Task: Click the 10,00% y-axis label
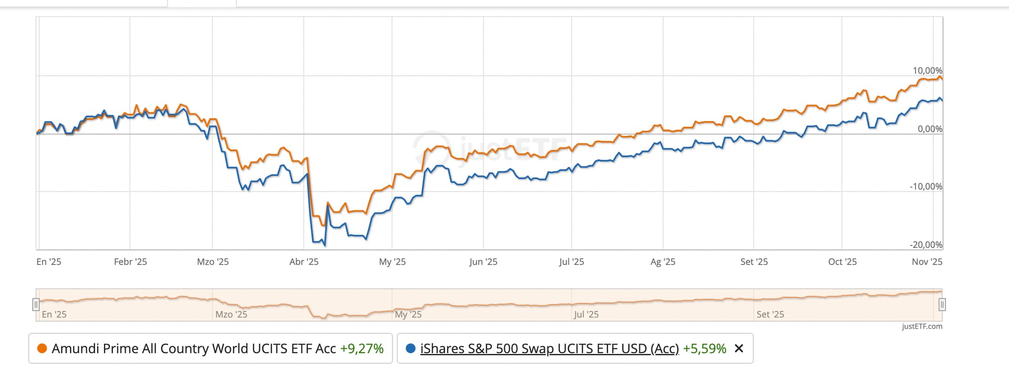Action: (x=927, y=71)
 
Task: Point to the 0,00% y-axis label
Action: (x=930, y=129)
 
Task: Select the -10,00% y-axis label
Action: (x=926, y=186)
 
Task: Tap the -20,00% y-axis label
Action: (x=926, y=245)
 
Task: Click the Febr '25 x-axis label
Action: (x=130, y=262)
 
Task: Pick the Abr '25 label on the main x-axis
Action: (x=304, y=262)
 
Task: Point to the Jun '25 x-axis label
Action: (x=483, y=262)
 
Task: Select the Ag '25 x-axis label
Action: (x=663, y=262)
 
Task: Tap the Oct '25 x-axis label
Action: (x=842, y=262)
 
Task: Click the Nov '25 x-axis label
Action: (x=926, y=262)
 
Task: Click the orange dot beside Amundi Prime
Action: (x=42, y=348)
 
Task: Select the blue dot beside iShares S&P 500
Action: (x=411, y=348)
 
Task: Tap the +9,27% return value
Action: (x=362, y=348)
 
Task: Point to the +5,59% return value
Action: (x=704, y=348)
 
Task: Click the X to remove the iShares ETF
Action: (x=738, y=348)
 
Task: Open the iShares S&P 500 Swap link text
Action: (x=549, y=348)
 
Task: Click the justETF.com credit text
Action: (x=922, y=326)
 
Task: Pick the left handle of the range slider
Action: (x=36, y=304)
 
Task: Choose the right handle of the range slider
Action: (x=942, y=304)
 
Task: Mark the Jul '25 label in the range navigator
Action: (x=586, y=314)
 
